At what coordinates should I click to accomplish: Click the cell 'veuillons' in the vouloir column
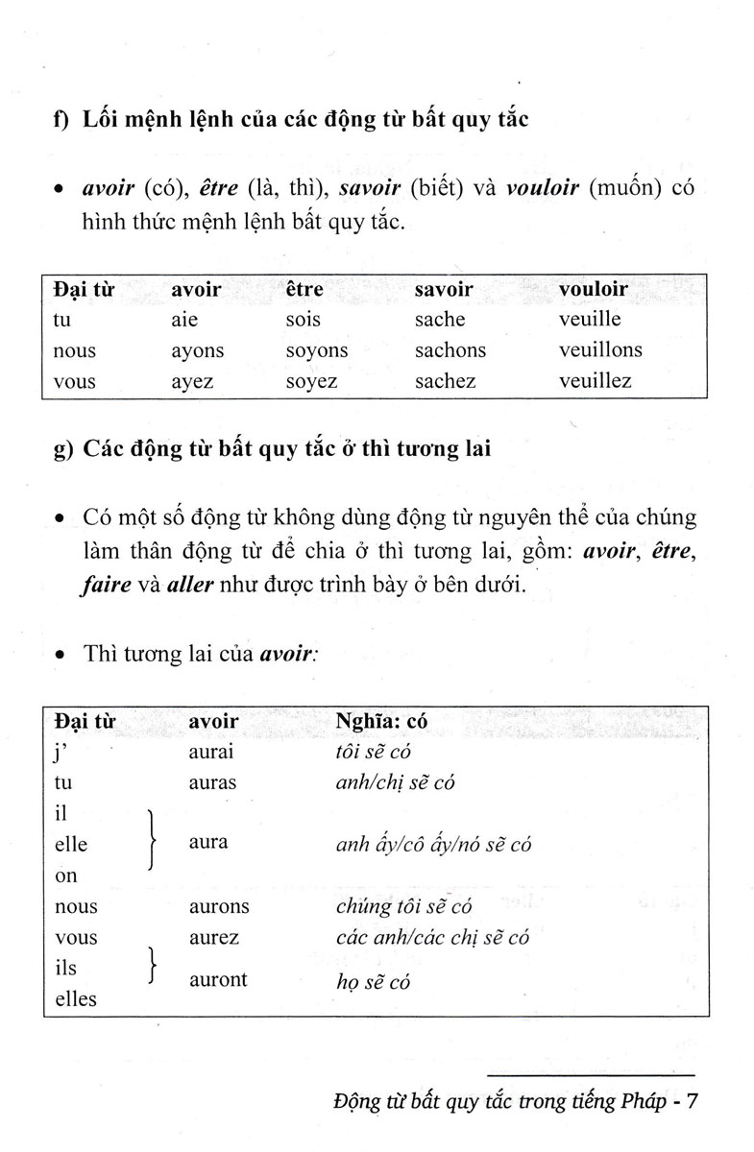(600, 350)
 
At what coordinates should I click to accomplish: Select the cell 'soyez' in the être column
(311, 381)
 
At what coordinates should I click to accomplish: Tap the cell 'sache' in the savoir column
(439, 320)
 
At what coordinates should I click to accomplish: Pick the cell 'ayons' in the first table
(197, 350)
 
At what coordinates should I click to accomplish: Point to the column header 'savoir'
(443, 289)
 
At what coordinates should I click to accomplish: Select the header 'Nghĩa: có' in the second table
(379, 720)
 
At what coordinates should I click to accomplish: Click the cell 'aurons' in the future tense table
(219, 906)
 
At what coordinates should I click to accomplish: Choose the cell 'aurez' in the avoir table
(214, 937)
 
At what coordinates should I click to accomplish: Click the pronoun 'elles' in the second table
(77, 998)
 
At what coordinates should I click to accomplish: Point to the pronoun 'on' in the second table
(66, 876)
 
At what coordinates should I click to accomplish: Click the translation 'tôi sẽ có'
(374, 752)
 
